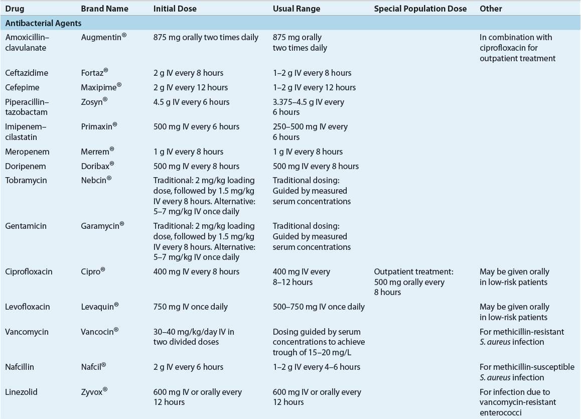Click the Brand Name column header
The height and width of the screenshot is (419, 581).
tap(104, 9)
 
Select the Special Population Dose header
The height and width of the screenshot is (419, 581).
tap(420, 9)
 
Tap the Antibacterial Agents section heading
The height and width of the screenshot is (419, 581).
tap(44, 23)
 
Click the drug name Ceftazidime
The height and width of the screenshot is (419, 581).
tap(27, 73)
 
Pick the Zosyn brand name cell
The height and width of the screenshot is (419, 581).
tap(94, 102)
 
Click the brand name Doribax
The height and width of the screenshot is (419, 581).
tap(97, 166)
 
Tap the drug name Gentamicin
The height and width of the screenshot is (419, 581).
tap(26, 226)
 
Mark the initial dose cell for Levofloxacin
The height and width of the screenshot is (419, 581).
tap(190, 307)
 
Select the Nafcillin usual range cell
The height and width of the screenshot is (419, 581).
tap(316, 367)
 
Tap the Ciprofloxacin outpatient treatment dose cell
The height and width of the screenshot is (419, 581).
tap(413, 282)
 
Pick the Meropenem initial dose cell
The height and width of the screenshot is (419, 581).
tap(188, 152)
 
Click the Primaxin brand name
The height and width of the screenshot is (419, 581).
tap(99, 126)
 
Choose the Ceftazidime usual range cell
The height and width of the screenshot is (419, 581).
tap(312, 73)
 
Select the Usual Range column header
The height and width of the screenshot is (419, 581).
tap(296, 9)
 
